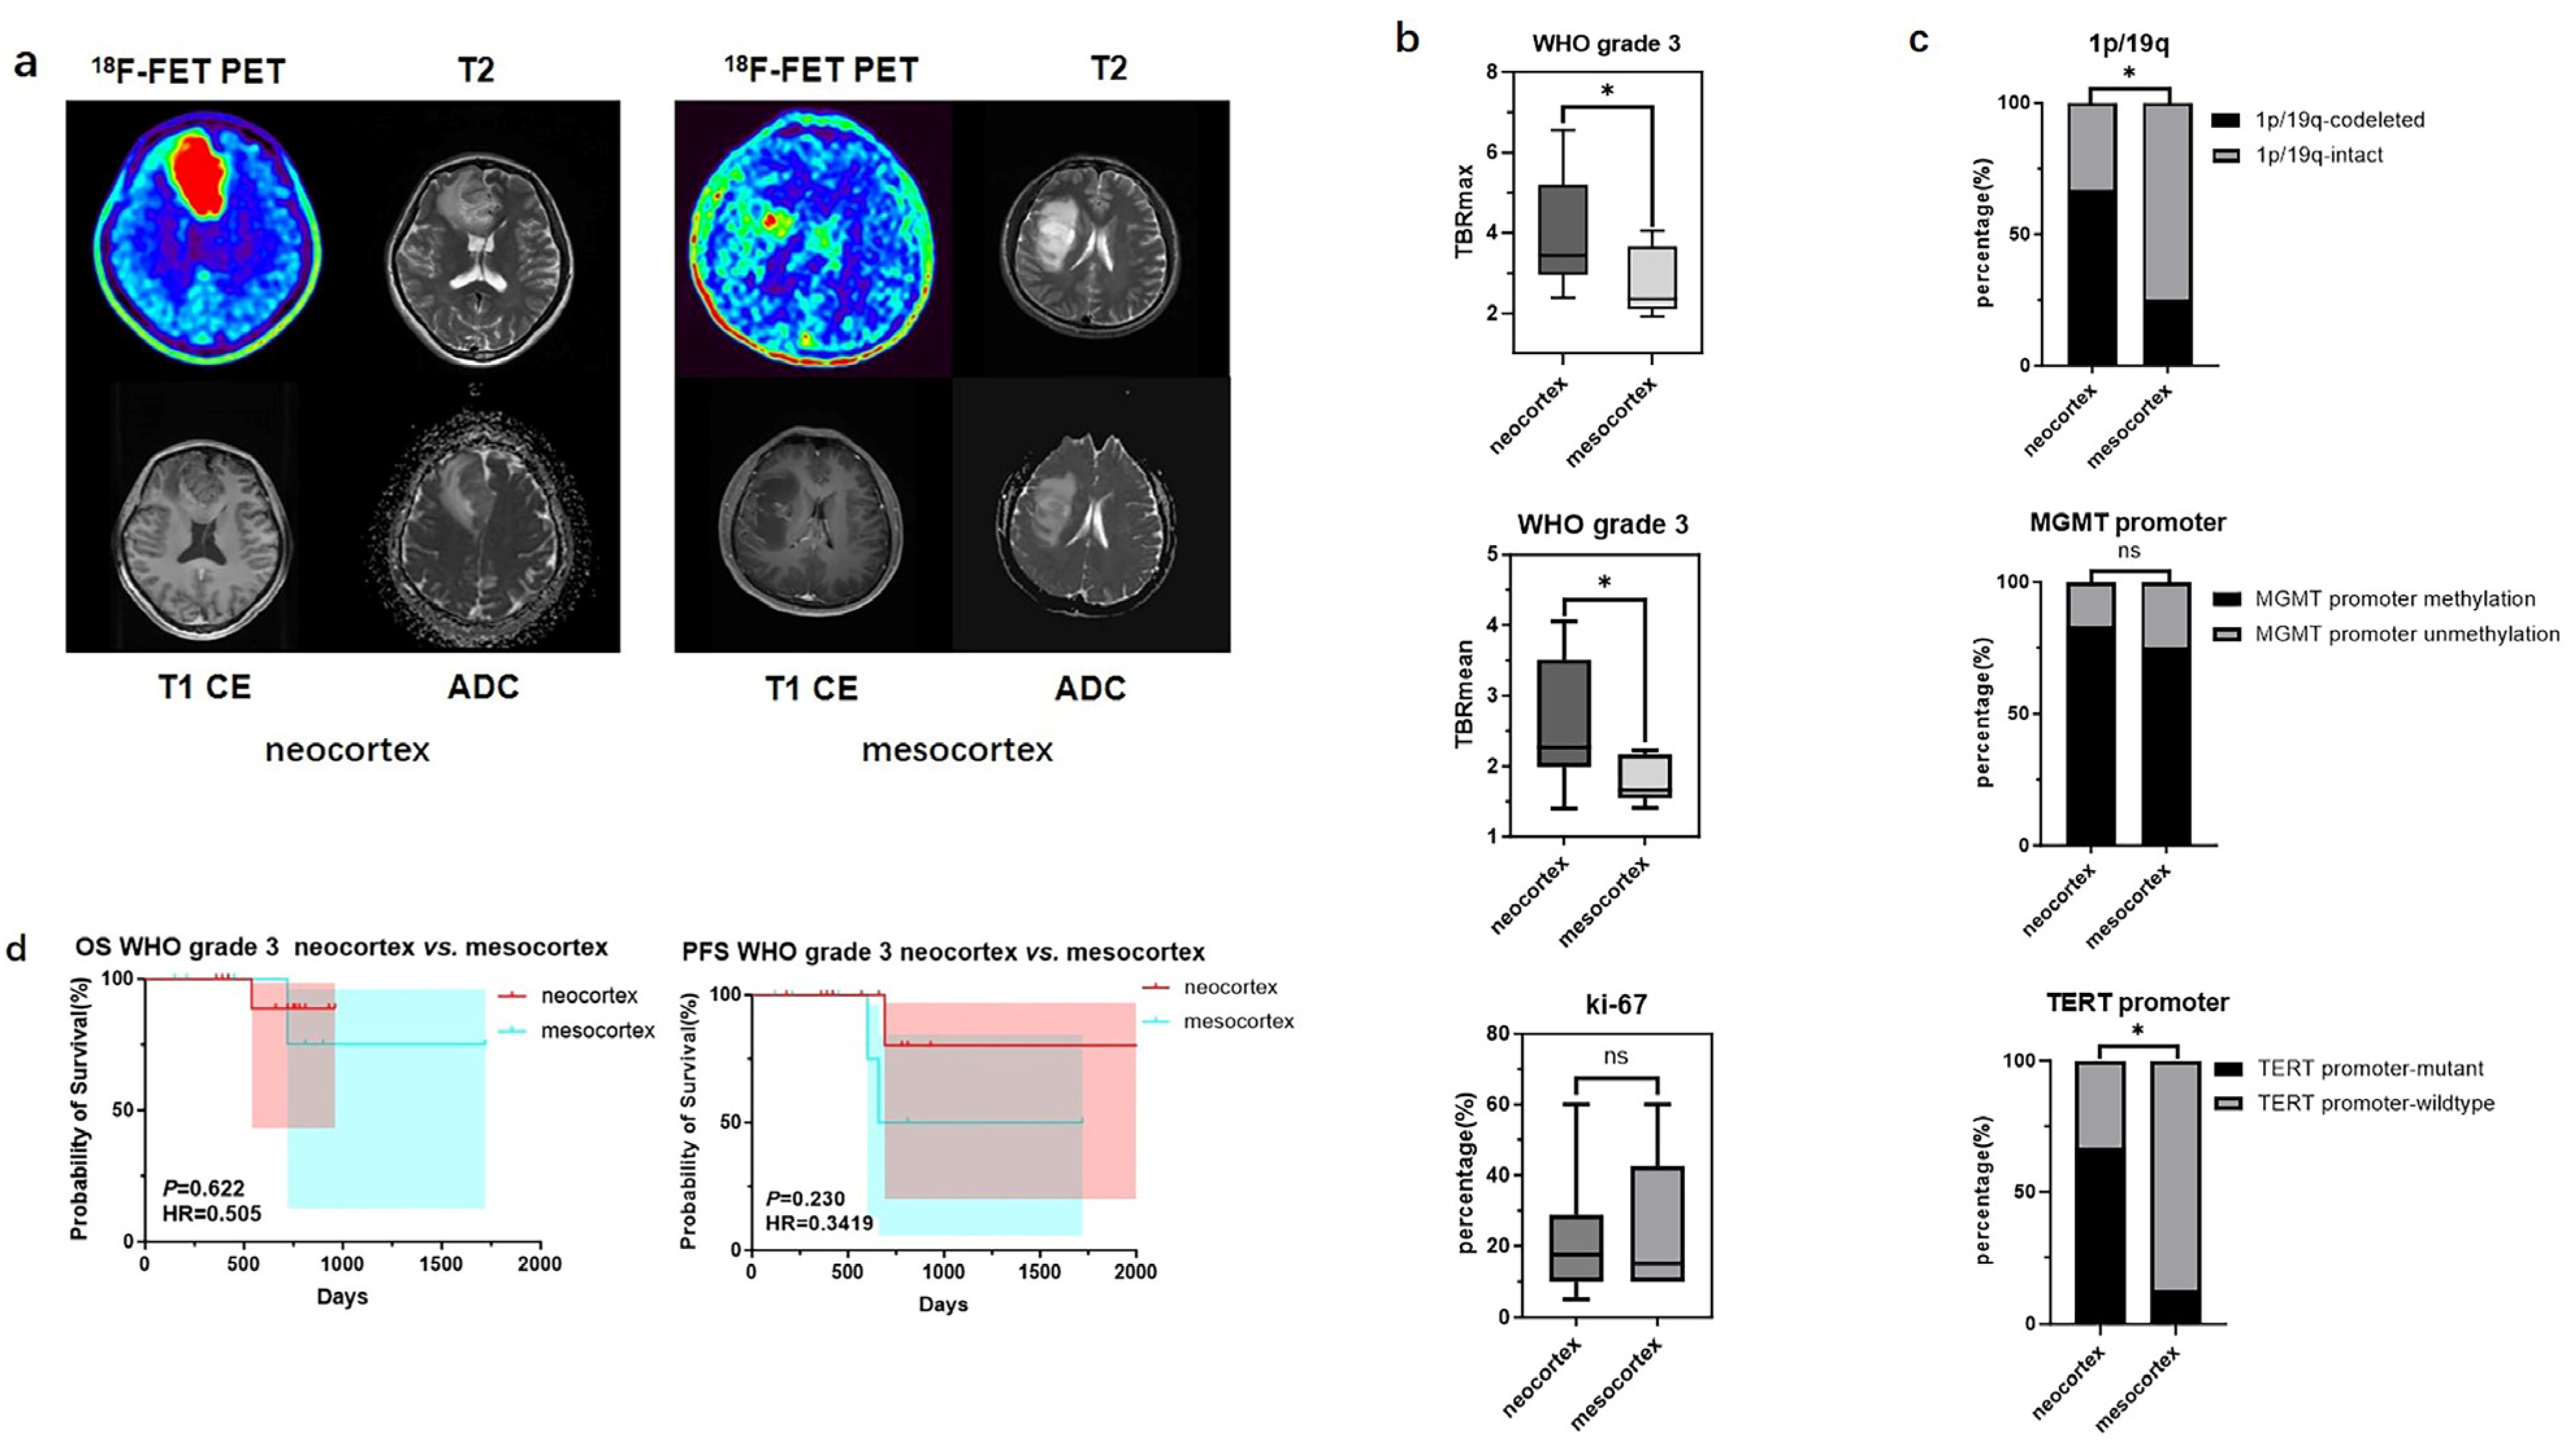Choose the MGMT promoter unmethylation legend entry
[x=2406, y=634]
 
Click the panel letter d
[x=17, y=947]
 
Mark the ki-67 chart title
[x=1615, y=1004]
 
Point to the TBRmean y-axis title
[x=1465, y=694]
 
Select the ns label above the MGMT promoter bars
[x=2129, y=550]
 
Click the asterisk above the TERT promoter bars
[x=2138, y=1031]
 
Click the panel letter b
[x=1407, y=39]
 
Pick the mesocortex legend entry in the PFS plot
[x=1238, y=1021]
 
